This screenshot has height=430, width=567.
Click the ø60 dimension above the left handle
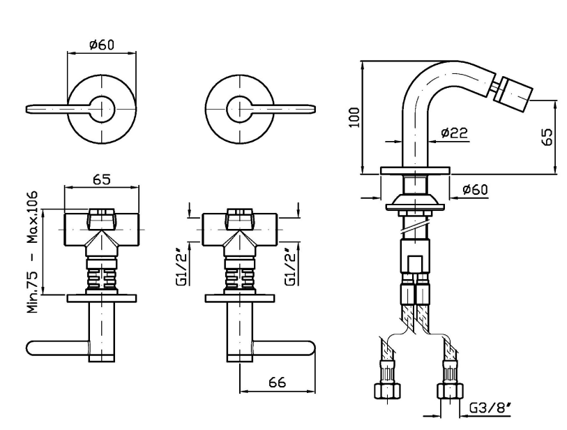(x=102, y=45)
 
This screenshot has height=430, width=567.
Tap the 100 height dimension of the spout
(x=354, y=117)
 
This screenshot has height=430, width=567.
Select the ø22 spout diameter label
(x=455, y=133)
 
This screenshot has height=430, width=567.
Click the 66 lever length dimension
(x=277, y=382)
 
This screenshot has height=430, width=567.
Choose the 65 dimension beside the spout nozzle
(x=547, y=137)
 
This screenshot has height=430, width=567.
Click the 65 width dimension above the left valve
(x=102, y=179)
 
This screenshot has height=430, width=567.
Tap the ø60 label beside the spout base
(x=475, y=189)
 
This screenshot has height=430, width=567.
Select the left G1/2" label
(x=183, y=267)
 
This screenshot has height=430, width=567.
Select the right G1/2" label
(x=290, y=267)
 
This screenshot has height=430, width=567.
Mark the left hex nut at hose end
(x=387, y=391)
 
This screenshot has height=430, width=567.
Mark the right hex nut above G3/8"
(x=451, y=391)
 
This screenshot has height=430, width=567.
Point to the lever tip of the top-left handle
(x=27, y=109)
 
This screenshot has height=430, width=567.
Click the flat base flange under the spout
(x=415, y=171)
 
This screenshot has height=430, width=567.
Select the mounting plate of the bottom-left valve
(x=102, y=298)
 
